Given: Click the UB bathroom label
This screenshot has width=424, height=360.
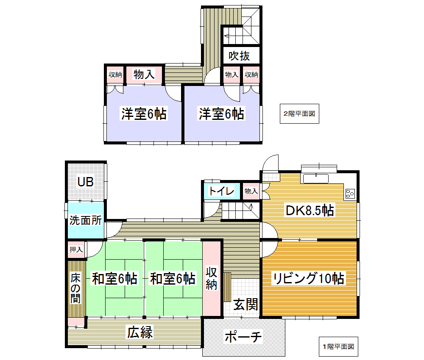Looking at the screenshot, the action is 86,182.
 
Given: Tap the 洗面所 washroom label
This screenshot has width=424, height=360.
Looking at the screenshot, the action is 86,220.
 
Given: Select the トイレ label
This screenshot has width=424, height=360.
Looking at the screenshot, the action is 221,191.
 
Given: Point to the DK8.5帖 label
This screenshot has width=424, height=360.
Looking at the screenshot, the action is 310,210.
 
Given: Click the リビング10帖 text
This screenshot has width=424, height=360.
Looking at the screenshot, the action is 309,278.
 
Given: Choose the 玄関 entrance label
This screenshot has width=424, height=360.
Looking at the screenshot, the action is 245,305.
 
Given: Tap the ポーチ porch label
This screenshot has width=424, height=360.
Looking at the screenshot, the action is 243,337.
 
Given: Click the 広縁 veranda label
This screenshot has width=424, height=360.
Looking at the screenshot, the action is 140,332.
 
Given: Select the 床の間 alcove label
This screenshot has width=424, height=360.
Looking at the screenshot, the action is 75,288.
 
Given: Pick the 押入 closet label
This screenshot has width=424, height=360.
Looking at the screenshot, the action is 76,249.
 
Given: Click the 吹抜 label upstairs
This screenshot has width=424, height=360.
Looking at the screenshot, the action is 239,56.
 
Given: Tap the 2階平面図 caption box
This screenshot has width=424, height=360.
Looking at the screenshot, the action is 299,114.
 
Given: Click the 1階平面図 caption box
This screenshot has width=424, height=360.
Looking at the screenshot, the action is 338,346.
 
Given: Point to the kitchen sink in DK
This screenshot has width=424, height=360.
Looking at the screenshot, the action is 316,178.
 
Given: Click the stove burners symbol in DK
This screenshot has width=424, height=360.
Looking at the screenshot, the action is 350,194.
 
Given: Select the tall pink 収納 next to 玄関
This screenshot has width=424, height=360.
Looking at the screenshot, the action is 212,278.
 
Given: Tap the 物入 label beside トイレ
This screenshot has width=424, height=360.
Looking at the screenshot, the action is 251,191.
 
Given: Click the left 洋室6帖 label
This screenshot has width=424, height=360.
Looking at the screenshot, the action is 144,114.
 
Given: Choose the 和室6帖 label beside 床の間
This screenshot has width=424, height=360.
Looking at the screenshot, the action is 114,278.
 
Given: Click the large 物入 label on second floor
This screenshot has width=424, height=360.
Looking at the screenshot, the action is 144,74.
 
